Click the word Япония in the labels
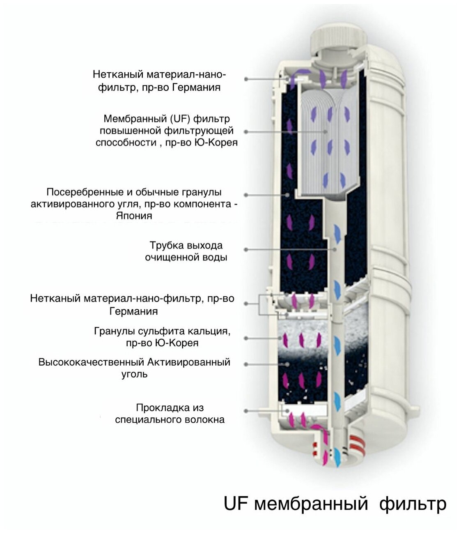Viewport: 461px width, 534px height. tap(134, 216)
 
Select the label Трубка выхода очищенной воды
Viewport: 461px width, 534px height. tap(186, 251)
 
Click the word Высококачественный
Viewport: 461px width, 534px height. tap(91, 362)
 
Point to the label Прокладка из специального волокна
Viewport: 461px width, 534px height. tap(170, 414)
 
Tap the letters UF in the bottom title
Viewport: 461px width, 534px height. tap(236, 504)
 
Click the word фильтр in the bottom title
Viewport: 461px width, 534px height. tap(412, 504)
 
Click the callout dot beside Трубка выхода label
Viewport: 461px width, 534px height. tap(246, 249)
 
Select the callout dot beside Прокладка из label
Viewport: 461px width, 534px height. tap(246, 410)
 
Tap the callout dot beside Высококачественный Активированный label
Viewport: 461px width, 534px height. tap(246, 364)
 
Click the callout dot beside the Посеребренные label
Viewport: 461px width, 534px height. tap(246, 195)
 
